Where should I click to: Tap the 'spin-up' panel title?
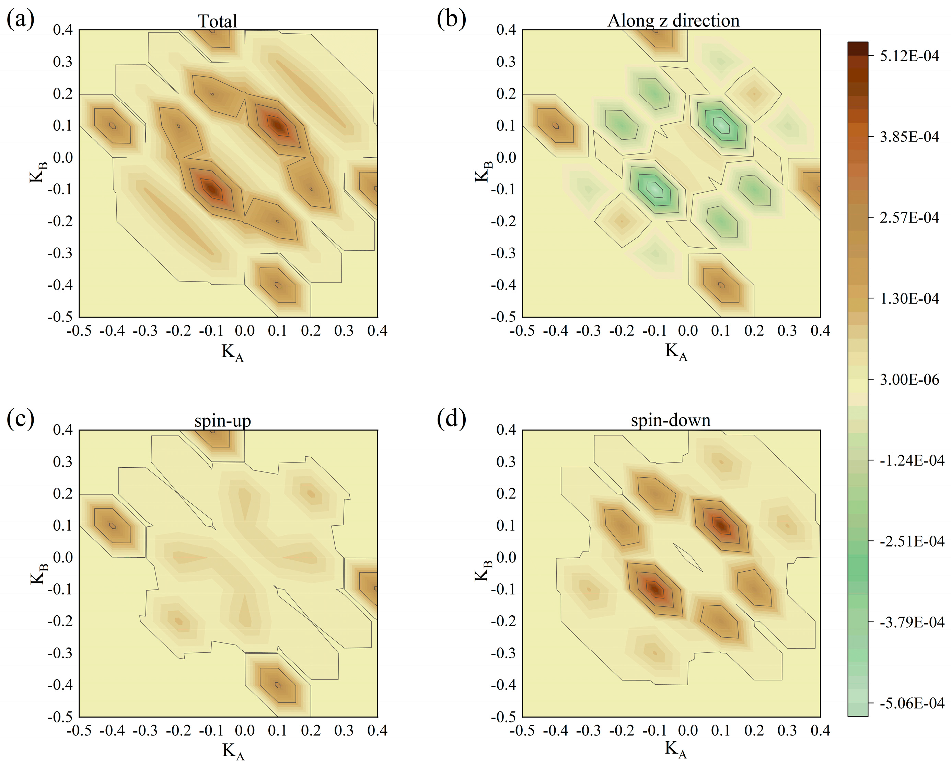tap(223, 421)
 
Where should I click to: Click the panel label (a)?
tap(20, 20)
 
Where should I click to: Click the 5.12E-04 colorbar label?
tap(909, 56)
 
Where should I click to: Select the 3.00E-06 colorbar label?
tap(909, 379)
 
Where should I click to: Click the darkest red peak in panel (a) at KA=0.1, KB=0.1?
tap(278, 126)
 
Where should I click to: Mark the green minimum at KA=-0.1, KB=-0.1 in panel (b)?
tap(655, 189)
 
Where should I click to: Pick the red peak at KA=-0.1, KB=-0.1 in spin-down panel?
tap(655, 589)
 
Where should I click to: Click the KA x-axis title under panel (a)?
tap(232, 353)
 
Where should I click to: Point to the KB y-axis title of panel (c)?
tap(39, 573)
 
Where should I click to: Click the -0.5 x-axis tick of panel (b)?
tap(522, 330)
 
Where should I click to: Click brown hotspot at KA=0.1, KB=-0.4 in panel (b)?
tap(721, 285)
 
